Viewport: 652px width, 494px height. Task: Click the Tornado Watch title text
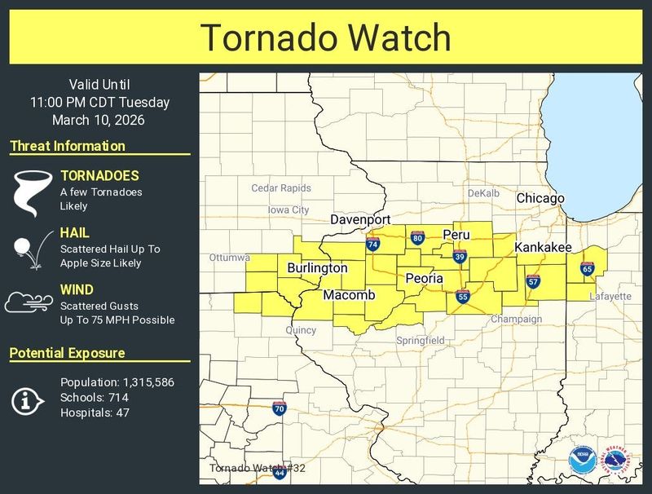pyautogui.click(x=326, y=37)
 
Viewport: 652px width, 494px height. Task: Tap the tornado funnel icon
pyautogui.click(x=28, y=192)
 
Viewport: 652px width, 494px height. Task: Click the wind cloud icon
pyautogui.click(x=28, y=303)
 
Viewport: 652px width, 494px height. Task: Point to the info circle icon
pyautogui.click(x=28, y=399)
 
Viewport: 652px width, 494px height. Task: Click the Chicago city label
pyautogui.click(x=540, y=199)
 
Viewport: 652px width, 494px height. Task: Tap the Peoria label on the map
pyautogui.click(x=425, y=279)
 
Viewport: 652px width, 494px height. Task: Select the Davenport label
pyautogui.click(x=360, y=220)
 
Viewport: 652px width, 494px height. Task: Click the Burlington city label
pyautogui.click(x=317, y=268)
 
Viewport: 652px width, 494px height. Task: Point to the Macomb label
pyautogui.click(x=348, y=295)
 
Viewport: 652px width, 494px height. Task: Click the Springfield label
pyautogui.click(x=420, y=340)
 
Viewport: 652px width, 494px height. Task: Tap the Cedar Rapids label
pyautogui.click(x=281, y=188)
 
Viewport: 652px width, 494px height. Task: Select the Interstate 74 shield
pyautogui.click(x=373, y=244)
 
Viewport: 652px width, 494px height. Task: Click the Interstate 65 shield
pyautogui.click(x=588, y=268)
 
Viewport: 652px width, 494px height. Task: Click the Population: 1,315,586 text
pyautogui.click(x=117, y=382)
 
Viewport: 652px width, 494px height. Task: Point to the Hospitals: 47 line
pyautogui.click(x=94, y=413)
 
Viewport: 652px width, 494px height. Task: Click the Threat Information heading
pyautogui.click(x=68, y=147)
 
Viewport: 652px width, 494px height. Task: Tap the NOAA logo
pyautogui.click(x=582, y=461)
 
